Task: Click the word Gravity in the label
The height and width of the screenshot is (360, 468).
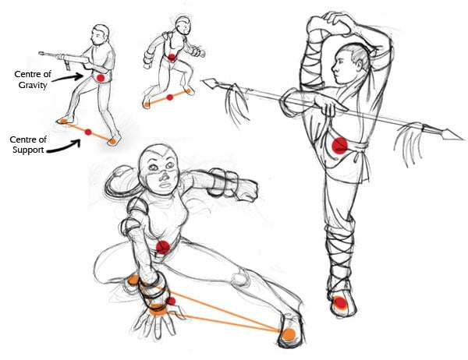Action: coord(33,85)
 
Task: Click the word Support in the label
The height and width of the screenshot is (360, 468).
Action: coord(28,150)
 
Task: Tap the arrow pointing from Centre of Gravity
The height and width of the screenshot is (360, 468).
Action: coord(68,78)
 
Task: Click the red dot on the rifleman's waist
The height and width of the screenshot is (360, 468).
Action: coord(101,78)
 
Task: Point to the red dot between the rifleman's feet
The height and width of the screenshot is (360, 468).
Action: coord(87,132)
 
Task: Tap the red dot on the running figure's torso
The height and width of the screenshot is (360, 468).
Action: coord(172,57)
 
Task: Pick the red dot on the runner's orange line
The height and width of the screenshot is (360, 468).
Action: coord(170,97)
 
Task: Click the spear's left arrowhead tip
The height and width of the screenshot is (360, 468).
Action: coord(203,80)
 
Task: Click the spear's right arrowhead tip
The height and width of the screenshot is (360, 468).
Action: coord(463,139)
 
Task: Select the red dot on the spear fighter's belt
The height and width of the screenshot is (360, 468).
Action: coord(340,146)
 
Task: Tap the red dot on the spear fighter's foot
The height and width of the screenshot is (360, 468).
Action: coord(340,303)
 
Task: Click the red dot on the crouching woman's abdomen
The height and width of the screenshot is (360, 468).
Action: coord(163,247)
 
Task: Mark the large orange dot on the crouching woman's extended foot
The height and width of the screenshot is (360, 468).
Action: coord(289,334)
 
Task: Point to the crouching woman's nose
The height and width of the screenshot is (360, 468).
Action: coord(164,177)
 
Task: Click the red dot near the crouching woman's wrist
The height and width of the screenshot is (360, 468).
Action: coord(172,302)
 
